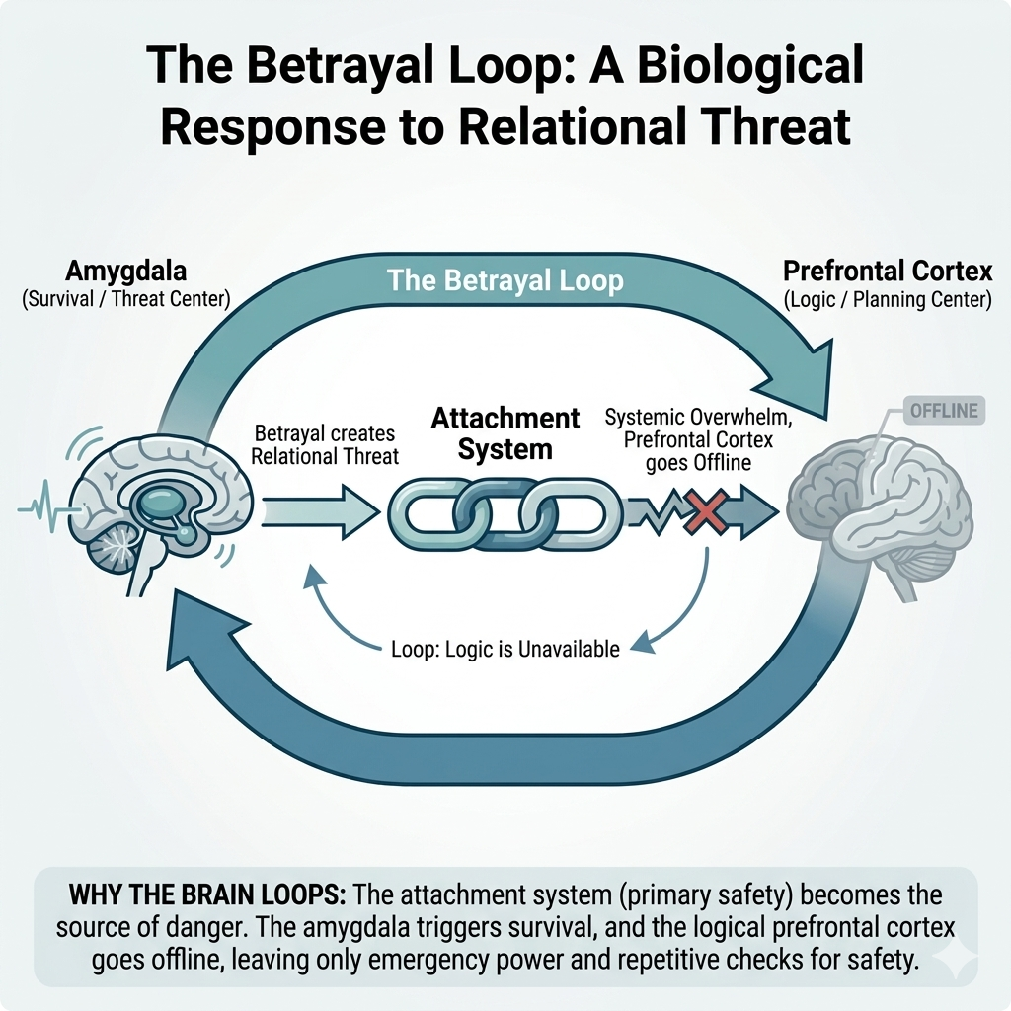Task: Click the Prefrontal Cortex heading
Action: [887, 272]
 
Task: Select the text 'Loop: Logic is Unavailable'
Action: [501, 649]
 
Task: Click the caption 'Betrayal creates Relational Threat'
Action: [325, 444]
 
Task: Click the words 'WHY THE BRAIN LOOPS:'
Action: [207, 896]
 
